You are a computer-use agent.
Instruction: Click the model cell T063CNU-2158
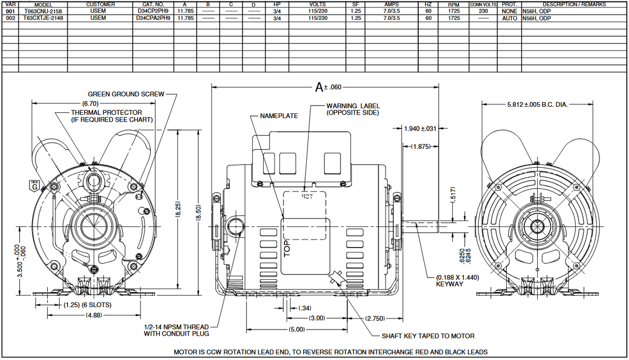point(43,11)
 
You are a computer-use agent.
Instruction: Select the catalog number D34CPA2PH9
point(153,18)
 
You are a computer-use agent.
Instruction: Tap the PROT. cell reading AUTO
point(509,18)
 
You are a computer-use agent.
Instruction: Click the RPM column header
point(453,5)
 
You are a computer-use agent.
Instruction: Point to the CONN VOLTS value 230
point(483,11)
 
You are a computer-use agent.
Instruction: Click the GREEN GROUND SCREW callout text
point(126,94)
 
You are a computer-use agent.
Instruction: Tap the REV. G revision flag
point(35,186)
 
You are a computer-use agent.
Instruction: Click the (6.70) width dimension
point(91,104)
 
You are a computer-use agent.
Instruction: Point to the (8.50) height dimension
point(198,212)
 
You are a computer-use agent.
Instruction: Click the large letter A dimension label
point(319,88)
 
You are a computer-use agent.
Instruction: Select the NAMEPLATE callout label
point(279,116)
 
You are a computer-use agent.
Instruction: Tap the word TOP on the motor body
point(287,249)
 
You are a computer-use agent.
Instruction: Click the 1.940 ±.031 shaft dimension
point(420,128)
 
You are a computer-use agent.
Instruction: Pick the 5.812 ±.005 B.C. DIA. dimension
point(537,105)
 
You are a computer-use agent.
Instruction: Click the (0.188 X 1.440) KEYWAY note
point(457,281)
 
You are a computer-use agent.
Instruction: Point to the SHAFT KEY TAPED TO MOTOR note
point(428,336)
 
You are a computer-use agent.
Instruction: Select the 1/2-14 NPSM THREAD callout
point(176,330)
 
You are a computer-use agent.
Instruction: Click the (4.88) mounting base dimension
point(94,315)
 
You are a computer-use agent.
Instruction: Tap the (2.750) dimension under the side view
point(375,319)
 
